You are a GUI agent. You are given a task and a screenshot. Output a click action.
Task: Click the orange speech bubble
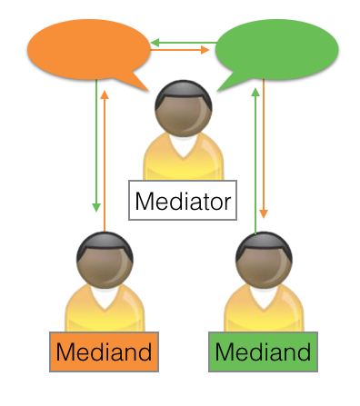coord(88,50)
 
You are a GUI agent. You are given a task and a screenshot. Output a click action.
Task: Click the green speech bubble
coord(276,50)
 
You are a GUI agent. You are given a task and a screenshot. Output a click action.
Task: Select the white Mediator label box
coord(183,200)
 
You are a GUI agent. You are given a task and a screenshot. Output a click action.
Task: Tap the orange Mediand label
coord(104,352)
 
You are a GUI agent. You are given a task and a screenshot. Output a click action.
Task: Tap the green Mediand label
coord(263,352)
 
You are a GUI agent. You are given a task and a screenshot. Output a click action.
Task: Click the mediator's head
coord(184,108)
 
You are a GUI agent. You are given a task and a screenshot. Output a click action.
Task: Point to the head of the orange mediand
coord(105,260)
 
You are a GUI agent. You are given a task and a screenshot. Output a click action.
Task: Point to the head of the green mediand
coord(264,260)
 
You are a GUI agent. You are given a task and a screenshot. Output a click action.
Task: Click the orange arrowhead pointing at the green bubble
coord(205,50)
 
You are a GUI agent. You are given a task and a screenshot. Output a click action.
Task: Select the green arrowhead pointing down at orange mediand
coord(96,207)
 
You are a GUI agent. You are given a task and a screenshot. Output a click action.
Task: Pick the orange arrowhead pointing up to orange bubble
coord(105,94)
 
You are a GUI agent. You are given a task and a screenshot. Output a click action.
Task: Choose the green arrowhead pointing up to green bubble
coord(255,92)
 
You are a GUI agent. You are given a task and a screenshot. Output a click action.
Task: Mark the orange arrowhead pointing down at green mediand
coord(264,213)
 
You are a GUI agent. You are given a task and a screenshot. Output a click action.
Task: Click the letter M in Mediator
coord(144,201)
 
